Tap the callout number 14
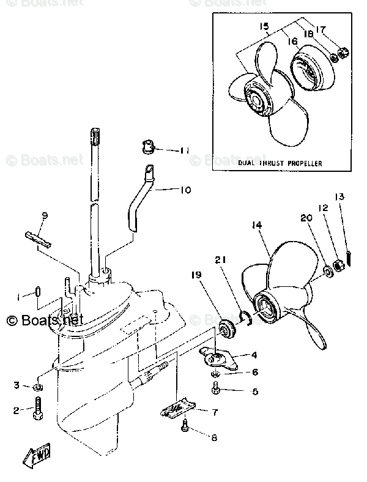tap(256, 226)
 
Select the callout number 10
tap(185, 190)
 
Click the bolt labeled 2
tap(38, 410)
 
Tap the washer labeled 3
tap(38, 387)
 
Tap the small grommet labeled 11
tap(146, 146)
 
